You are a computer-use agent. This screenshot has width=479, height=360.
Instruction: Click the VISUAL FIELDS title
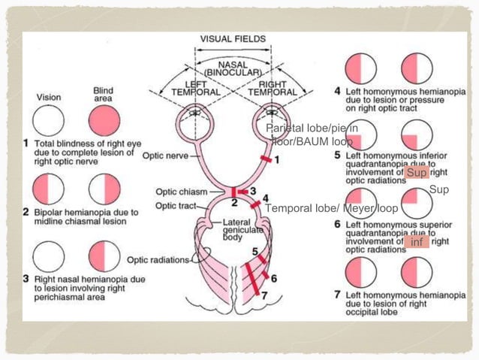(232, 38)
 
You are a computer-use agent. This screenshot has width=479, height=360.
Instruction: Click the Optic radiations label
(158, 260)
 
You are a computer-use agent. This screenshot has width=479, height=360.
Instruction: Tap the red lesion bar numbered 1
(264, 159)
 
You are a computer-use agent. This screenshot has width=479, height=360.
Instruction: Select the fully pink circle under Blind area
(104, 120)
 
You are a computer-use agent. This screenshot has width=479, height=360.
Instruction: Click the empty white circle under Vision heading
(49, 120)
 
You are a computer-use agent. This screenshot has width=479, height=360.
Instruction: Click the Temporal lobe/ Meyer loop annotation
(331, 208)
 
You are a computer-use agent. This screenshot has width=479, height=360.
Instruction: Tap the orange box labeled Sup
(416, 174)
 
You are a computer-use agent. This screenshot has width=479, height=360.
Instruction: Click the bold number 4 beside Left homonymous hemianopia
(339, 92)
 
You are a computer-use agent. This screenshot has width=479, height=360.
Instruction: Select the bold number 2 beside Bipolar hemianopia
(26, 213)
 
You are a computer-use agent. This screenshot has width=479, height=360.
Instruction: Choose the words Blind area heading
(103, 95)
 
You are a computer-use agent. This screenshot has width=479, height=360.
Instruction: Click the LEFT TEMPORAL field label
(197, 87)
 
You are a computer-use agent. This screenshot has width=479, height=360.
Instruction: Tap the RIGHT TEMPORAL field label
(271, 87)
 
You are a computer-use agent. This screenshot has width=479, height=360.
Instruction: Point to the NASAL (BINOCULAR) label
(233, 69)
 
